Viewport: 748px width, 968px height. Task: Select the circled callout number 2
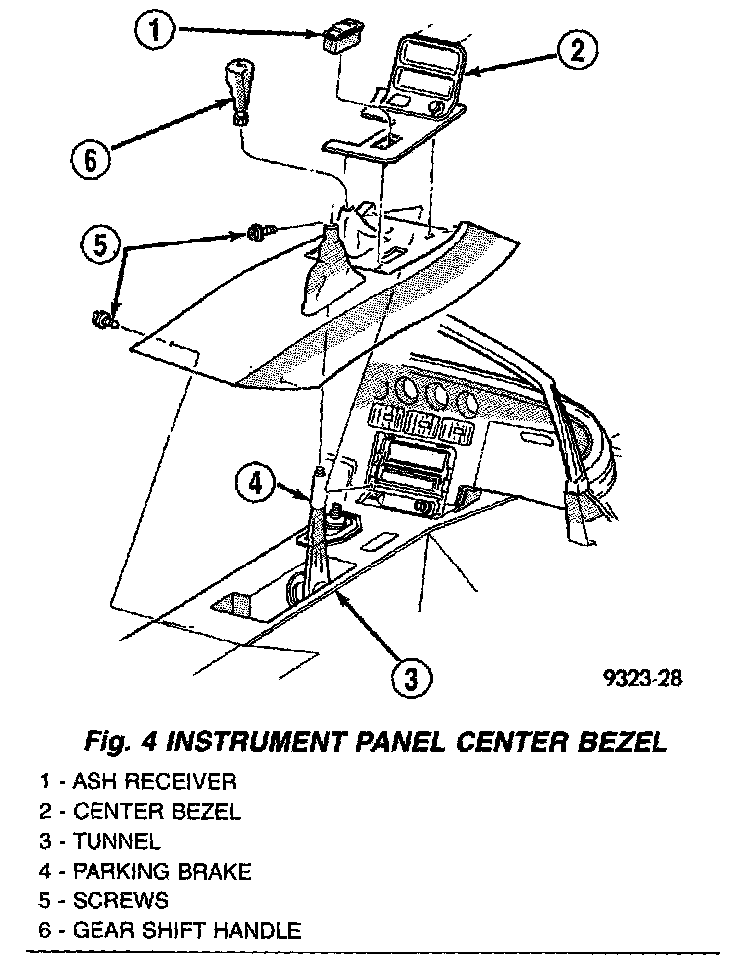tap(577, 50)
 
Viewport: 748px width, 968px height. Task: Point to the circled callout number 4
tap(256, 484)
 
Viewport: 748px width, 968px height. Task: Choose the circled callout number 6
tap(91, 159)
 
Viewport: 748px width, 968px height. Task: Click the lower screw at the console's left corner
tap(102, 320)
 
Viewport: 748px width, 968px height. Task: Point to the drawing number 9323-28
tap(643, 679)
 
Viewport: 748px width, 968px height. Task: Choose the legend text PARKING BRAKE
tap(161, 872)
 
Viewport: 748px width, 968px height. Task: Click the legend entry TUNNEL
tap(115, 842)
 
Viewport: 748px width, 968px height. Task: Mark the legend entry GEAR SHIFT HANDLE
tap(186, 931)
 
